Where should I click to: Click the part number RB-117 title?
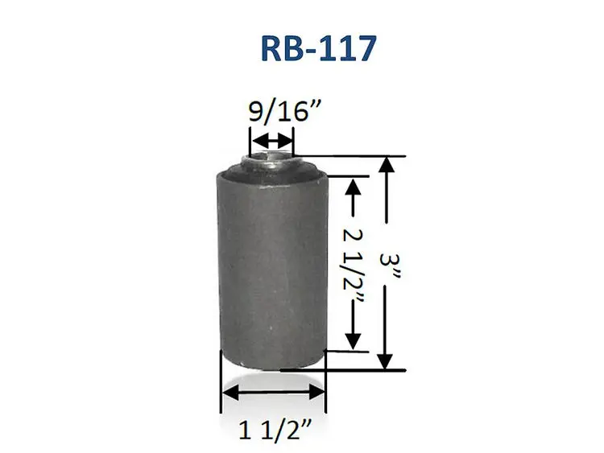click(317, 48)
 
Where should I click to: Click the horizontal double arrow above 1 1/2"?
click(274, 393)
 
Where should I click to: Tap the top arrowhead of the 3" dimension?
click(388, 164)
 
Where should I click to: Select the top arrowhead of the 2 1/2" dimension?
click(352, 187)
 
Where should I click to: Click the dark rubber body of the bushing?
click(270, 266)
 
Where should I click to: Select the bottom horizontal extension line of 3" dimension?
click(354, 369)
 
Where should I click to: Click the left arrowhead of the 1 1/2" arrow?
click(229, 393)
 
